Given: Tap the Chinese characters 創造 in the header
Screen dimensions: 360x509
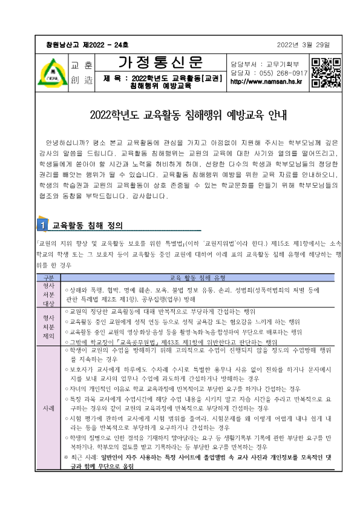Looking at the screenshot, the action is pyautogui.click(x=80, y=80).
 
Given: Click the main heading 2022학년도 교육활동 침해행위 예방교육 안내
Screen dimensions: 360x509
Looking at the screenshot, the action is pyautogui.click(x=179, y=113).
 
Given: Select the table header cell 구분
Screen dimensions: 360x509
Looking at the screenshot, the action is pyautogui.click(x=49, y=277).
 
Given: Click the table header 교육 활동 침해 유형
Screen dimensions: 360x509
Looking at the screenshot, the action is pyautogui.click(x=197, y=277).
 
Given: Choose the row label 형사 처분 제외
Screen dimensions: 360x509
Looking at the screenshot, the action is pyautogui.click(x=49, y=327).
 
